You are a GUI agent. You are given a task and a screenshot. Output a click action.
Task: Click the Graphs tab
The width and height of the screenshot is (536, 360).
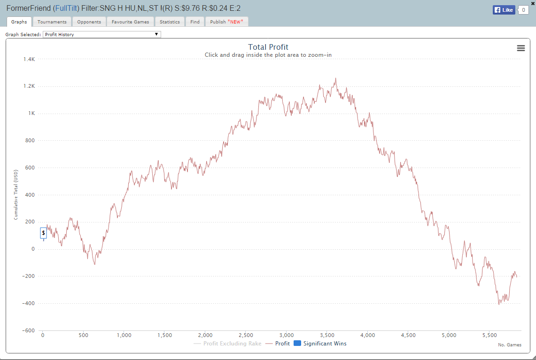[19, 22]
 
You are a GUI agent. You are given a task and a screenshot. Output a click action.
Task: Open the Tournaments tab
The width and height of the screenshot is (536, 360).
[52, 22]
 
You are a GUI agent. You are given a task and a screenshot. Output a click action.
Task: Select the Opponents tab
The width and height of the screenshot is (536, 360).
[89, 22]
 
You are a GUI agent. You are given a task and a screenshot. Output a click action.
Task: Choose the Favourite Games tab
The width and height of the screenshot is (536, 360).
[130, 22]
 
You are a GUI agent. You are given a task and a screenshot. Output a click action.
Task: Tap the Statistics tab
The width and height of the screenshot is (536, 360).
[170, 22]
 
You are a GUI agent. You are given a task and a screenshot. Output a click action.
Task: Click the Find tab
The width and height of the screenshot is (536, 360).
[195, 22]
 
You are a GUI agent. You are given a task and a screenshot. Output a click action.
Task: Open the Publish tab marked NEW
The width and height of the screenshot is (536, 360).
[226, 22]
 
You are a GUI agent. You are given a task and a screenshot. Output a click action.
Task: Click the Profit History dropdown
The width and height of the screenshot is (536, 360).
[102, 34]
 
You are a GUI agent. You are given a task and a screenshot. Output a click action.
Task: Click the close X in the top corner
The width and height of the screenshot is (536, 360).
[532, 3]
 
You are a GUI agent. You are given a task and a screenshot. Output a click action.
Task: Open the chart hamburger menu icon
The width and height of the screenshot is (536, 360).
[520, 48]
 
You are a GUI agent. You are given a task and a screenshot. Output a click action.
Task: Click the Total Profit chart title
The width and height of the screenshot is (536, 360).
[268, 47]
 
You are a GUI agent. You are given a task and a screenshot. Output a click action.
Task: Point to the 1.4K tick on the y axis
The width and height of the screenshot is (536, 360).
[29, 59]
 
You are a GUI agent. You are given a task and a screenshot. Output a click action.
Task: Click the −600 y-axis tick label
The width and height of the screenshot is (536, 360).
[28, 330]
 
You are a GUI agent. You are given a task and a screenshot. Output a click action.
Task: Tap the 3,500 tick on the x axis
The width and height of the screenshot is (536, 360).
[327, 336]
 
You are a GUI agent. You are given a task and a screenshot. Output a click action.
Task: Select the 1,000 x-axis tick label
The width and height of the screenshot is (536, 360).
[124, 336]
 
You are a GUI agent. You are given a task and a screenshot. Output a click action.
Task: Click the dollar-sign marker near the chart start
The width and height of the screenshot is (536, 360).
[43, 233]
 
